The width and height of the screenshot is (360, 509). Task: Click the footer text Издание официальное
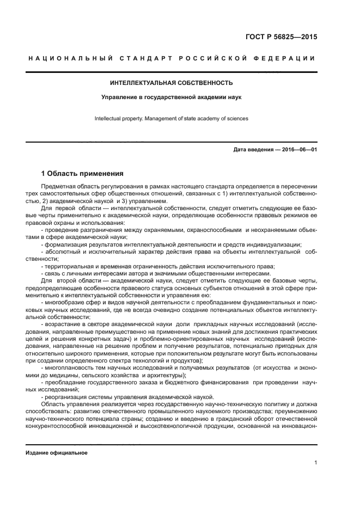click(57, 453)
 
